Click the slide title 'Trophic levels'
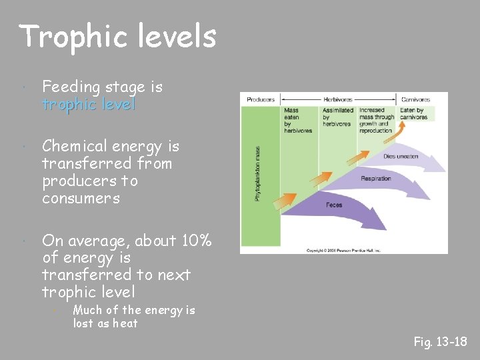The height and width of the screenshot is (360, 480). (118, 37)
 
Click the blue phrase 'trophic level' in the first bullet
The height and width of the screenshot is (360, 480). (89, 105)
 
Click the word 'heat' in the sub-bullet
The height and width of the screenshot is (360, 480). (125, 323)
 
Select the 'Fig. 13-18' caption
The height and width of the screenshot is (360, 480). (440, 342)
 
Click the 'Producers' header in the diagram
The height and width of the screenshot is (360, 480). (261, 100)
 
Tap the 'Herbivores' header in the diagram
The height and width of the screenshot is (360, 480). (338, 100)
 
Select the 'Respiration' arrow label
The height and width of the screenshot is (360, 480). (375, 179)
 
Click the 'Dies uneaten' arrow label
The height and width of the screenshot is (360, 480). (401, 157)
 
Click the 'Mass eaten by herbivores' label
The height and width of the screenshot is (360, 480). (297, 120)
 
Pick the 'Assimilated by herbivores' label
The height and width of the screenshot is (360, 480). (337, 117)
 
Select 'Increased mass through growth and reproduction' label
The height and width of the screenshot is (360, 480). (376, 120)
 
